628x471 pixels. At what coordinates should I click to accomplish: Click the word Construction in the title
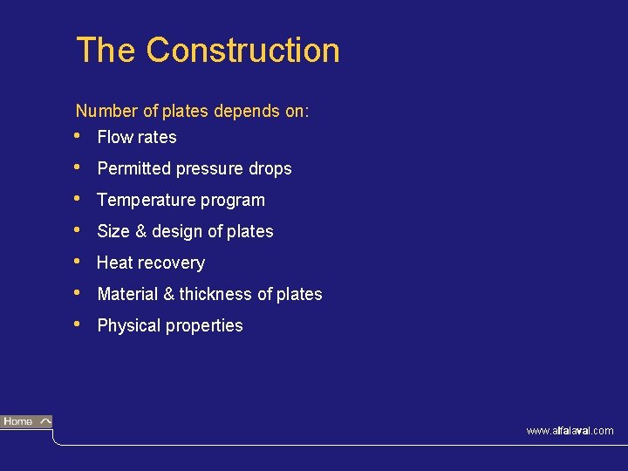click(242, 50)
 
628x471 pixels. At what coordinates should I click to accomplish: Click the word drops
click(270, 169)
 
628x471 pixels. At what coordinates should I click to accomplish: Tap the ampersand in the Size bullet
click(140, 231)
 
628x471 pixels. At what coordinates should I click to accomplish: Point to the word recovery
click(172, 263)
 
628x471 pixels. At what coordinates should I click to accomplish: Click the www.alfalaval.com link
click(570, 431)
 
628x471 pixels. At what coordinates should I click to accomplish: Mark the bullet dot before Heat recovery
click(79, 261)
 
